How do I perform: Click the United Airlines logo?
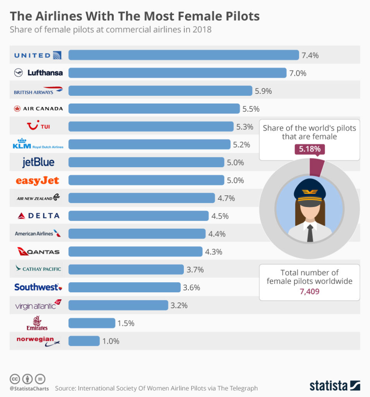tap(38, 55)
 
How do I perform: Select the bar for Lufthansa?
tap(177, 73)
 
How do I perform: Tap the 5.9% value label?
tap(263, 91)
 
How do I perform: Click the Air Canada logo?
tap(38, 109)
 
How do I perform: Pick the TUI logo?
tap(38, 126)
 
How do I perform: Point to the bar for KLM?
tap(149, 144)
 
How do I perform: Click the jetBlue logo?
tap(38, 162)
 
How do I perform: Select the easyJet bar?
tap(146, 180)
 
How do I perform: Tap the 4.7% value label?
tap(226, 198)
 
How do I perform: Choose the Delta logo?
tap(38, 216)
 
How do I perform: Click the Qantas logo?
tap(38, 252)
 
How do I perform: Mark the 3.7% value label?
tap(195, 269)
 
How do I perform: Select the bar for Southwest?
tap(124, 287)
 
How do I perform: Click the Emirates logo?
tap(38, 323)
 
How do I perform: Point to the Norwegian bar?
tap(84, 341)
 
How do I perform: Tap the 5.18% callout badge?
tap(309, 149)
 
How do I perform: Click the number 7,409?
tap(309, 291)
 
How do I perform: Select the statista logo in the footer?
tap(335, 386)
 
